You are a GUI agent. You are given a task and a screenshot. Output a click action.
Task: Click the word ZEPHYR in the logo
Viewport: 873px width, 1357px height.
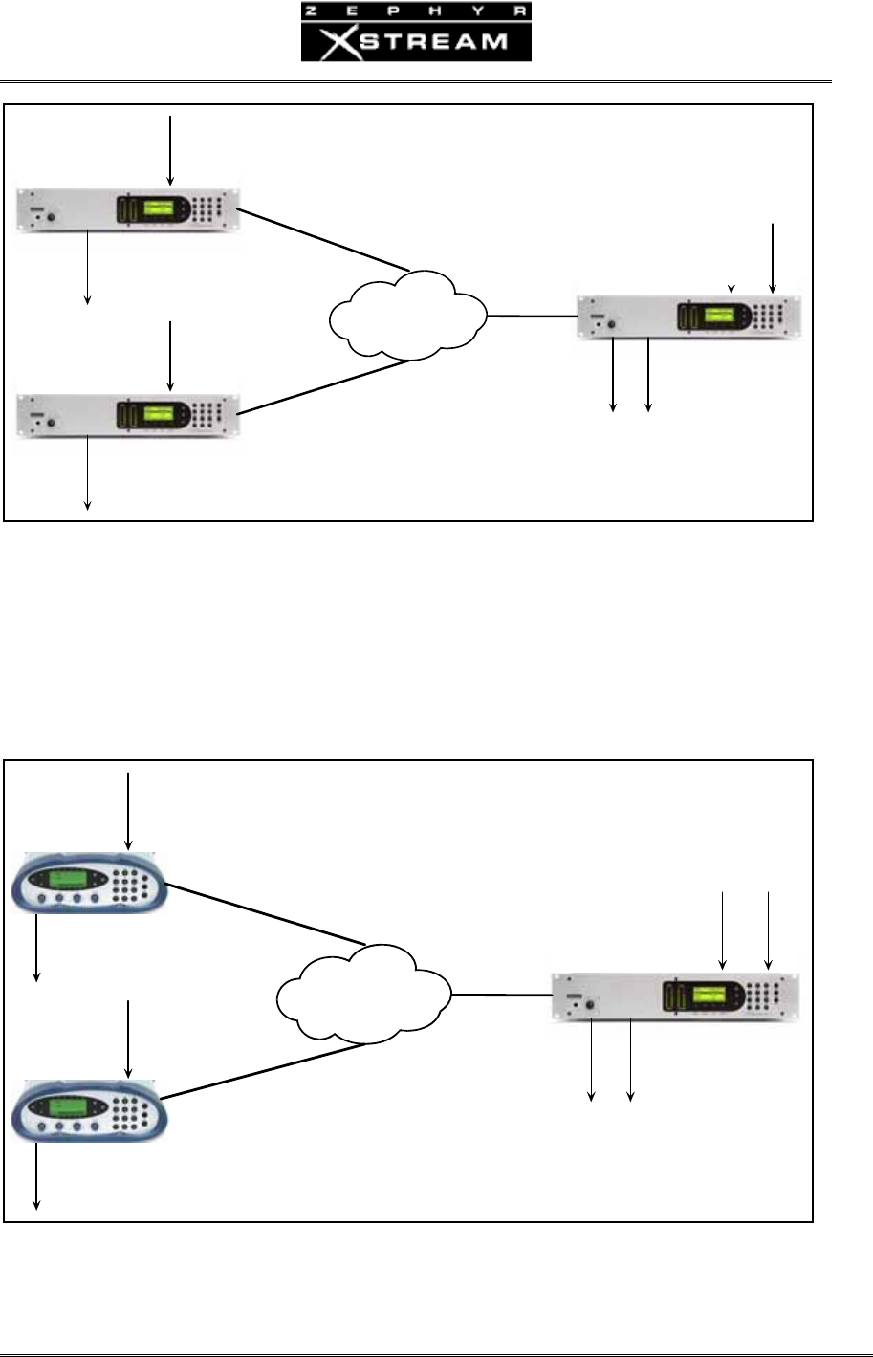(416, 11)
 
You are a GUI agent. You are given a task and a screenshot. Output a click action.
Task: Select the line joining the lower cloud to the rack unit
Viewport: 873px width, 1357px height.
(502, 996)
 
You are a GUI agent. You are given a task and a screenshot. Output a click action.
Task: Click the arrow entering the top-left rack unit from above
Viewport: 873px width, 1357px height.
(170, 149)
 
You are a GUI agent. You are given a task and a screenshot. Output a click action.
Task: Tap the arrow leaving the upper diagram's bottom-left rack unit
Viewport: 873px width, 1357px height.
(88, 473)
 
